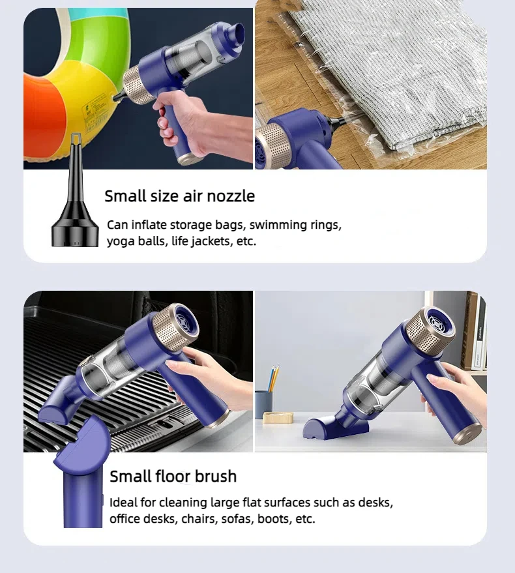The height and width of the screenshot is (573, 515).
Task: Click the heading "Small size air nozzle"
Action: coord(179,196)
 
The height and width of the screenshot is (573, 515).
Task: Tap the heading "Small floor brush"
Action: coord(173,476)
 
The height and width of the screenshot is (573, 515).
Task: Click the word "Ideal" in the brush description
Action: coord(123,503)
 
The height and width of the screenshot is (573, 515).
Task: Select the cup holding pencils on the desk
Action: coord(263,404)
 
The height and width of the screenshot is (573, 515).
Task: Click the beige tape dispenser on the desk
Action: coord(278,417)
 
